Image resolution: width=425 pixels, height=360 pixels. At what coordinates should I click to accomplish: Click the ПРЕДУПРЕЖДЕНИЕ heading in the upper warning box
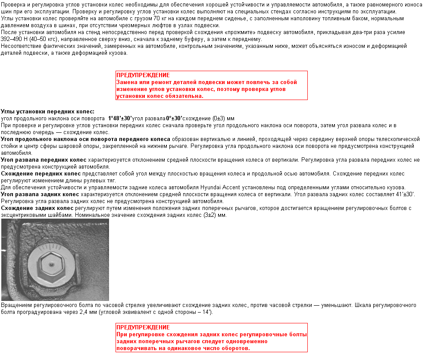(143, 75)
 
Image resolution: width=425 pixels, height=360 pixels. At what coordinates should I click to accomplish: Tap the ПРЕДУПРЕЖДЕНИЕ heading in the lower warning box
(143, 327)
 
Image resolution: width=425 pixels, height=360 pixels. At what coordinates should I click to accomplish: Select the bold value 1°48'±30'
(120, 118)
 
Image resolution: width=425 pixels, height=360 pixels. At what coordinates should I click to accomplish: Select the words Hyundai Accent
(217, 188)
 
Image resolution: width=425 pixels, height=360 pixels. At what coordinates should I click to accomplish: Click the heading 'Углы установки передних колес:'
(47, 111)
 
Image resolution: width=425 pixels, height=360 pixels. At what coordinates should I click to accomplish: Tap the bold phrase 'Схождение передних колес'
(41, 173)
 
